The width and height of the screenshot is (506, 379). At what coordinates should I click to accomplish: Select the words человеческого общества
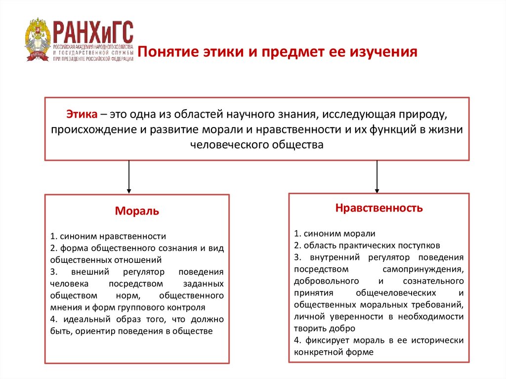point(257,144)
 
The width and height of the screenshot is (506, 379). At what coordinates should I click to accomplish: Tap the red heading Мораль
point(137,211)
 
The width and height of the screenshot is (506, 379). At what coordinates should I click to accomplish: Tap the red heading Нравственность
point(379,208)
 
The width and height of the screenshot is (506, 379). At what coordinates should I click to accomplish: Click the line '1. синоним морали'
point(335,233)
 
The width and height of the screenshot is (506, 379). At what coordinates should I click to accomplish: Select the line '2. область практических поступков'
point(366,245)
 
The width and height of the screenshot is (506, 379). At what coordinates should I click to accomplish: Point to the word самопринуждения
point(422,269)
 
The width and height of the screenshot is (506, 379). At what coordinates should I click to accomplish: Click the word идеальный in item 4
point(80,320)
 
